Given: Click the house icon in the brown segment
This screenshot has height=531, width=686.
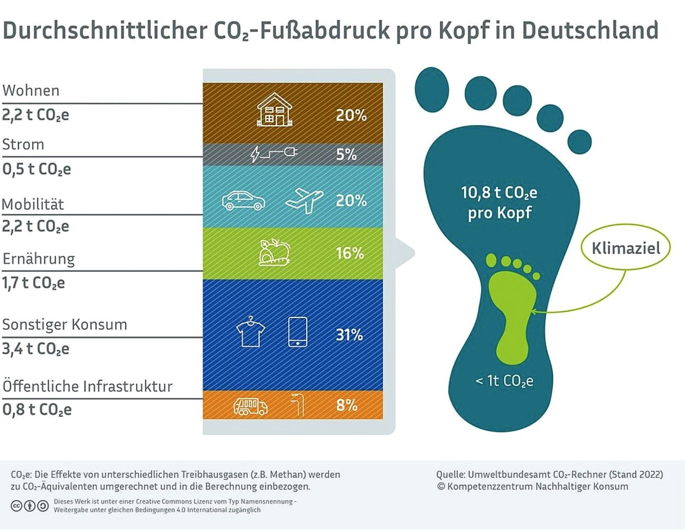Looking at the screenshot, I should point(274,110).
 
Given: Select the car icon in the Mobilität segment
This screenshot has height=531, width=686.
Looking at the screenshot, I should point(243,201).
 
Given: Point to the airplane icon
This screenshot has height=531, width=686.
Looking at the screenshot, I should point(305,200).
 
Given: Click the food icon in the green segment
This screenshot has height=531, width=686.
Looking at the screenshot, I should point(274,252).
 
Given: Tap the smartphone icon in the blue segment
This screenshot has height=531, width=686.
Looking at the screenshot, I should point(297,332).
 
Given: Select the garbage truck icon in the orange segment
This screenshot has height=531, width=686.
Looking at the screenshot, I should point(250,406).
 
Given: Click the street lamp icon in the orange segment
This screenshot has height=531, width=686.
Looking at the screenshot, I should point(298,405).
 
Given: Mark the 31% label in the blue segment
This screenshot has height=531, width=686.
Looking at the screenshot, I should point(349,335).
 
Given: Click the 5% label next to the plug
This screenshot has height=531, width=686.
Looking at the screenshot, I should point(346,154).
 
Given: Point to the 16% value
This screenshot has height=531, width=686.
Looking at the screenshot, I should point(350,253).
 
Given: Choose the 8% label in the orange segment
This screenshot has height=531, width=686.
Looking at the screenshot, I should point(347,405).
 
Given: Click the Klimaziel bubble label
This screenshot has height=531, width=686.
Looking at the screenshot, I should point(625,248).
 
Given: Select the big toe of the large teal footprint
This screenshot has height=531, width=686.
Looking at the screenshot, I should point(432,89).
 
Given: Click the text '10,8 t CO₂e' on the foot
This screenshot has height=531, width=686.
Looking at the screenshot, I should point(499,193).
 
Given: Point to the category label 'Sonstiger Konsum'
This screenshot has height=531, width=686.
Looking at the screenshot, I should point(65,324).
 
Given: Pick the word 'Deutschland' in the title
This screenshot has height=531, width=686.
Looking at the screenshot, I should point(590,30).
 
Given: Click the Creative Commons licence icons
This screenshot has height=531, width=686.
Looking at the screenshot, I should point(29,506).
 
